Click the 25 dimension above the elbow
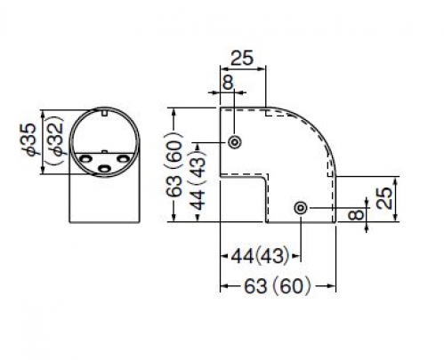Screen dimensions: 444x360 point(242,58)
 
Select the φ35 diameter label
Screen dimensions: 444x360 point(30,139)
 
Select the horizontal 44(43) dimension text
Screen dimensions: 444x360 point(260,256)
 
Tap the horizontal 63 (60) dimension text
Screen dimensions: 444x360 point(278,286)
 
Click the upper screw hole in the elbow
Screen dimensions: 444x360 point(235,142)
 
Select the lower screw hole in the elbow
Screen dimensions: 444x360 point(301,208)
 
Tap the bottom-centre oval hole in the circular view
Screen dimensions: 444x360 point(104,169)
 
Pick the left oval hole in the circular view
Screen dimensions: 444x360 point(85,158)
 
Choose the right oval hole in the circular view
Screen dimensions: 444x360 point(123,159)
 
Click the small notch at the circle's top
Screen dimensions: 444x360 point(104,112)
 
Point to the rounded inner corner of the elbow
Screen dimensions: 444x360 point(263,180)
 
